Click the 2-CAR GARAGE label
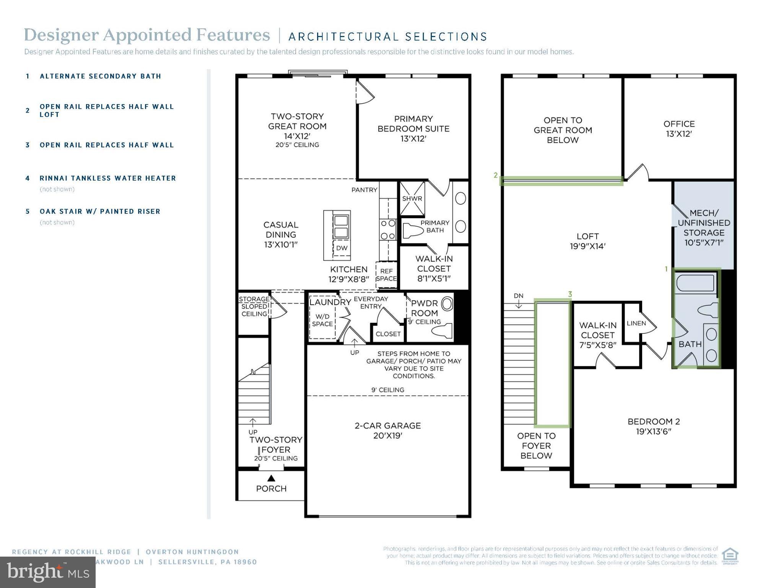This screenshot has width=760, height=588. pos(387,430)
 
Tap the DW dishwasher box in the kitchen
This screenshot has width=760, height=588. pos(342,248)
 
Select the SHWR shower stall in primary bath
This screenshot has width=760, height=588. pos(412,198)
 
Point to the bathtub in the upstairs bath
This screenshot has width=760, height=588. pos(694,283)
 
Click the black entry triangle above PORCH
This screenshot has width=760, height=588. pos(271,478)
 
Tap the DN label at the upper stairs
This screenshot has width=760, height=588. pos(518,296)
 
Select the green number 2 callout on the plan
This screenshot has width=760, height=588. pos(496,175)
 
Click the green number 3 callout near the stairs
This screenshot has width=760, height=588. pos(570,294)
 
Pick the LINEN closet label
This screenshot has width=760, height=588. pos(636,323)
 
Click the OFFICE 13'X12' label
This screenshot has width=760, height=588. pos(679,129)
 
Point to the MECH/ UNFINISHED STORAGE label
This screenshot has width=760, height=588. pos(704,227)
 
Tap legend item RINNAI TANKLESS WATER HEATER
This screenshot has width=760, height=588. pos(107,178)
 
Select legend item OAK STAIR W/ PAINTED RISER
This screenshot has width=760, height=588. pos(100,211)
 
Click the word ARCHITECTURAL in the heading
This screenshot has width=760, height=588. pos(343,37)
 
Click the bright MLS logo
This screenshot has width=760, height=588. pos(47,572)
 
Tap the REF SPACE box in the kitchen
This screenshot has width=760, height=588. pos(386,274)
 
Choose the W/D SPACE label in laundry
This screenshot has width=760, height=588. pos(322,320)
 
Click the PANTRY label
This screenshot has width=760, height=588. pos(364,190)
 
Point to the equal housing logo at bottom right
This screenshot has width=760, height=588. pos(730,556)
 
